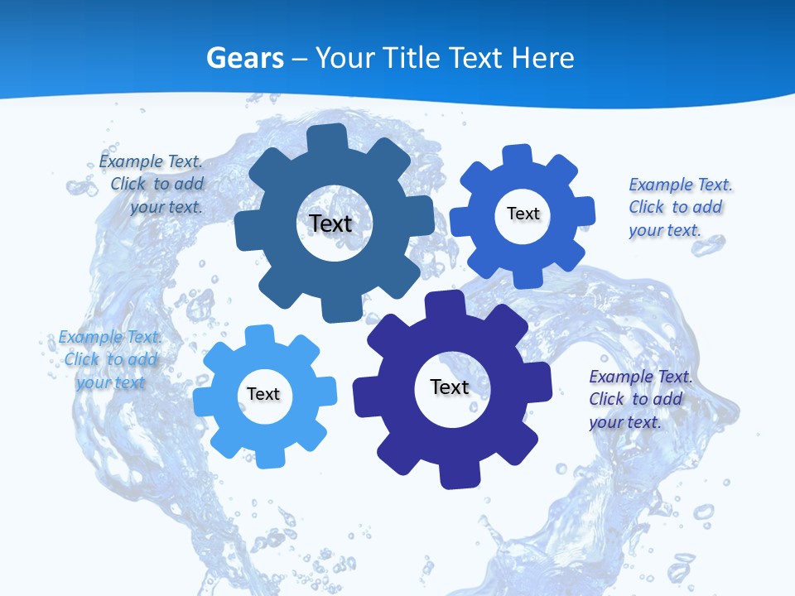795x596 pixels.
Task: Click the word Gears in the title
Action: point(245,58)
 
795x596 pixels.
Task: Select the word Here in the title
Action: point(542,58)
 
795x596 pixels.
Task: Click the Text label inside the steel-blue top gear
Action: point(330,223)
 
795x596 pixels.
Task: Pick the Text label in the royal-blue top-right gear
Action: point(523,214)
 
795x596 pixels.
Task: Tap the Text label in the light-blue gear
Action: point(263,394)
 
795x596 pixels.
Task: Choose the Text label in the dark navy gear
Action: point(450,387)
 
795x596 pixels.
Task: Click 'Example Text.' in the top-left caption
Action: point(151,161)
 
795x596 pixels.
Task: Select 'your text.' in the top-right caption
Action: point(664,230)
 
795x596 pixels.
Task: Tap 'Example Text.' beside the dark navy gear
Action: point(640,377)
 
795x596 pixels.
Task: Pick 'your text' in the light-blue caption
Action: point(110,382)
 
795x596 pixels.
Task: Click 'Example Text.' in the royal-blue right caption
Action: point(680,185)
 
